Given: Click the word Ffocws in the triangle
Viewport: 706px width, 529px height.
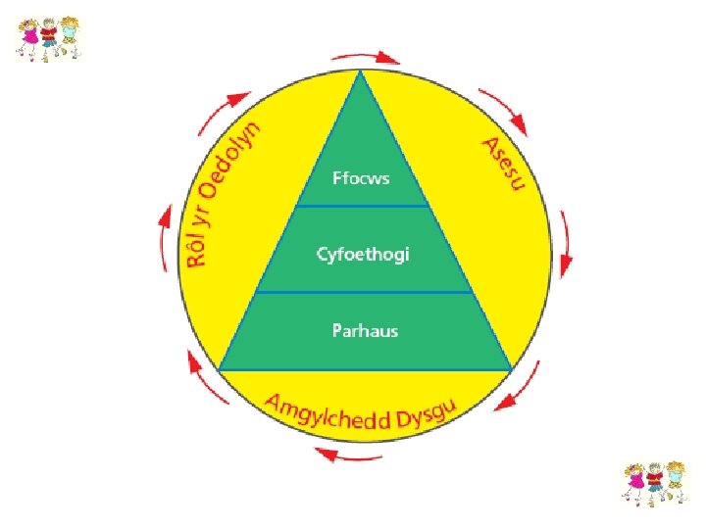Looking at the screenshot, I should click(363, 179).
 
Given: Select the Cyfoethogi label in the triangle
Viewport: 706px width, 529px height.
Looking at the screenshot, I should click(363, 254).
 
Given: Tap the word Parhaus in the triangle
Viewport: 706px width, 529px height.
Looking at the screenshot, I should click(364, 330).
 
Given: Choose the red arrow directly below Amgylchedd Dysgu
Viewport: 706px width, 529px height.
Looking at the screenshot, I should click(343, 455).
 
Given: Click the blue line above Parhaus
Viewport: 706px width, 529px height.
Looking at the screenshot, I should click(364, 292).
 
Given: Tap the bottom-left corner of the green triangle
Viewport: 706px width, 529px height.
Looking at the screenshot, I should click(219, 369).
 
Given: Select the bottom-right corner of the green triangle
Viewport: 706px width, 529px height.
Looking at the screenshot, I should click(510, 369).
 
